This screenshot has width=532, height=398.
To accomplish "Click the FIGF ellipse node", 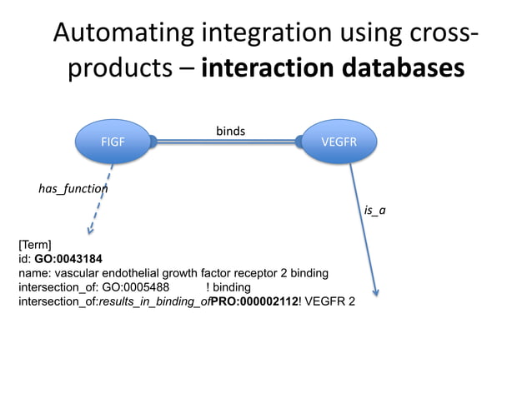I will pos(113,142).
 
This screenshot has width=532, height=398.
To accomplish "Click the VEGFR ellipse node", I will pos(339,142).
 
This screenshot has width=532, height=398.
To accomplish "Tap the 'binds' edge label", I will pos(230,131).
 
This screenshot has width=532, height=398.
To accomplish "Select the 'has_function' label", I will pos(73,189).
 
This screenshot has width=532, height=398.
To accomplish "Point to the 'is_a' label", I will pos(375,211).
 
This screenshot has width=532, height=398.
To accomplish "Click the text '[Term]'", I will pos(35,245).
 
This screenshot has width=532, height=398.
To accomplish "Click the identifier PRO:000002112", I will pos(254,301).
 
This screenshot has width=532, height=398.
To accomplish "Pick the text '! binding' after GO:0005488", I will pos(228,286).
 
